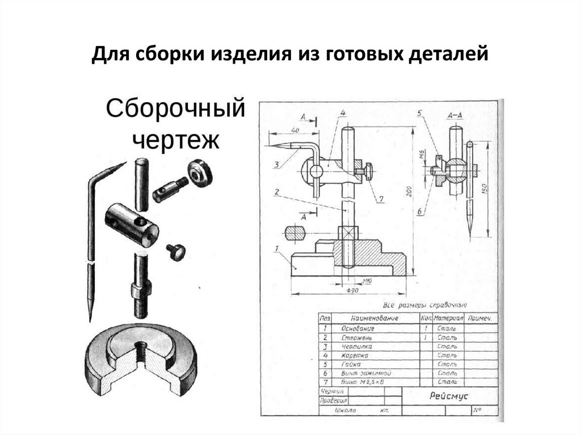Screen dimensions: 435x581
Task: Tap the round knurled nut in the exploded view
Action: (200, 173)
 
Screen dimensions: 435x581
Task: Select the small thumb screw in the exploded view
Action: (175, 251)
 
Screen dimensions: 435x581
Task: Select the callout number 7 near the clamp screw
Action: (381, 199)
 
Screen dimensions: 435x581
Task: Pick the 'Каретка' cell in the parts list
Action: (355, 355)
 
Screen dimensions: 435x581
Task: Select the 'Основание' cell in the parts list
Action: (357, 328)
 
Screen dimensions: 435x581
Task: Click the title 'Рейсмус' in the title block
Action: (449, 396)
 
